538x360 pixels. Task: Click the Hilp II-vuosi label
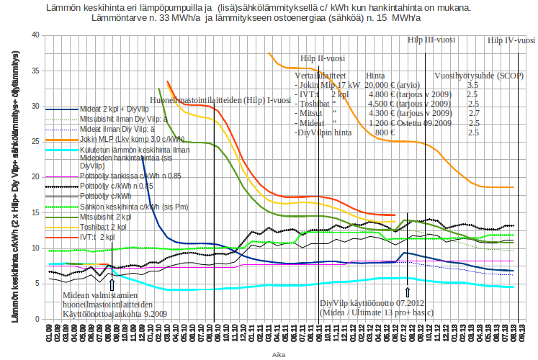(x=320, y=58)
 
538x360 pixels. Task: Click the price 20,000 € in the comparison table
(x=378, y=85)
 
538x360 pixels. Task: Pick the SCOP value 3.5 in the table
(x=472, y=85)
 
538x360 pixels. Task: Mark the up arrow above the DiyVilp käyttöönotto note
(x=408, y=292)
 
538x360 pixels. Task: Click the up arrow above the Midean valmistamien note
(x=112, y=284)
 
